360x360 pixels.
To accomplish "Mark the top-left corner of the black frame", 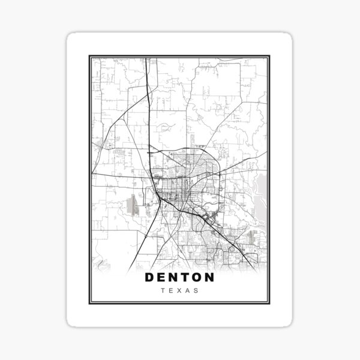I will (89, 55).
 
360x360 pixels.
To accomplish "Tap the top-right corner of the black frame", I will (271, 55).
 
